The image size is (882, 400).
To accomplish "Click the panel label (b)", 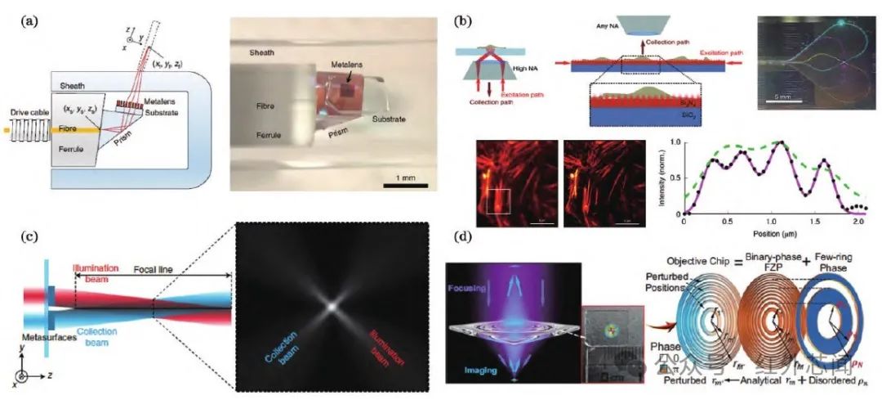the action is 457,19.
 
